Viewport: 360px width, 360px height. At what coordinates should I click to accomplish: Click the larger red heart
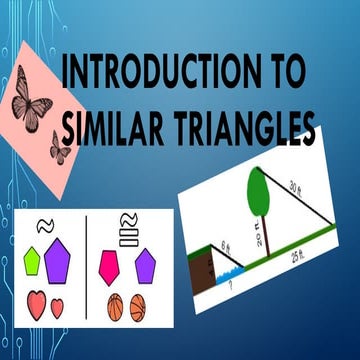coord(37,304)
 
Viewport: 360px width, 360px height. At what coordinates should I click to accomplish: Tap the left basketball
coord(114,307)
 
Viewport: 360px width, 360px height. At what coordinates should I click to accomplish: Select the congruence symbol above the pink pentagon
coord(127,225)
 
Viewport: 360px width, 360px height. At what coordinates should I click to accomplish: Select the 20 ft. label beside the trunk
coord(257,239)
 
